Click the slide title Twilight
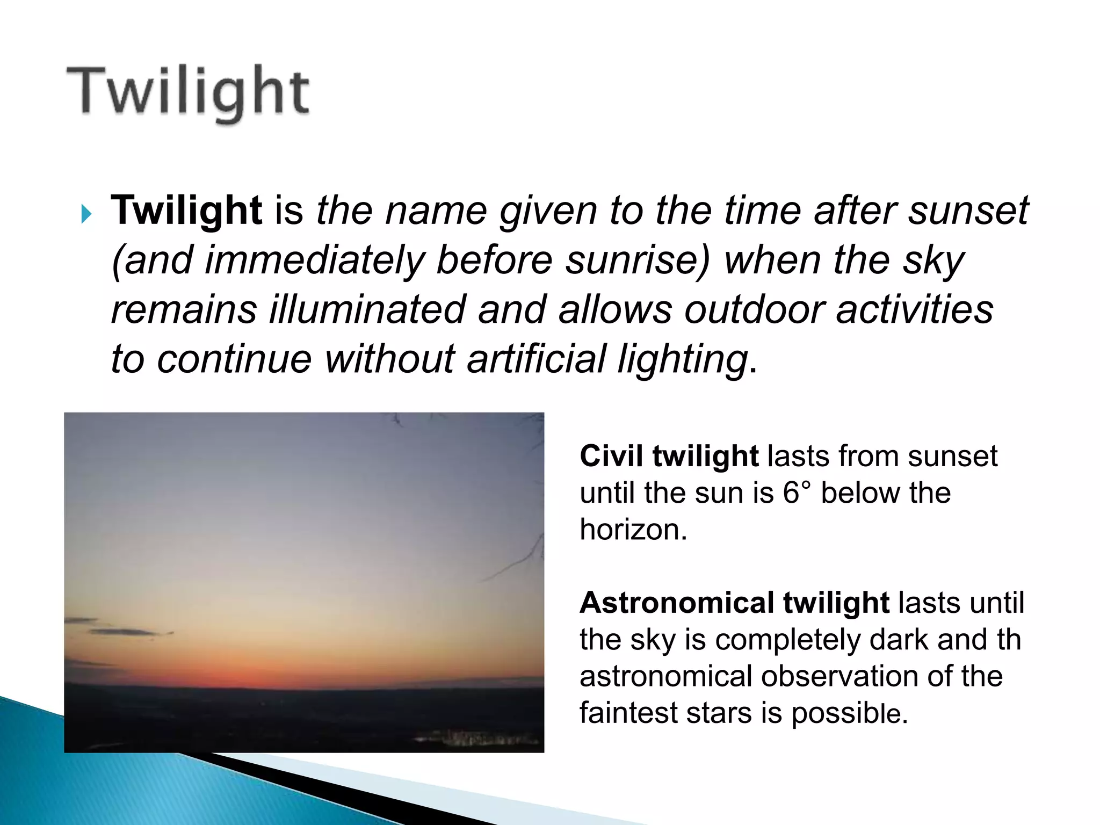pyautogui.click(x=188, y=92)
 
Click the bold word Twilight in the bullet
pyautogui.click(x=186, y=210)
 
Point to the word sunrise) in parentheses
pyautogui.click(x=638, y=260)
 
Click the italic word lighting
pyautogui.click(x=682, y=359)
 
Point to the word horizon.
pyautogui.click(x=633, y=530)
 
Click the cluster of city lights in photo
pyautogui.click(x=478, y=739)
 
